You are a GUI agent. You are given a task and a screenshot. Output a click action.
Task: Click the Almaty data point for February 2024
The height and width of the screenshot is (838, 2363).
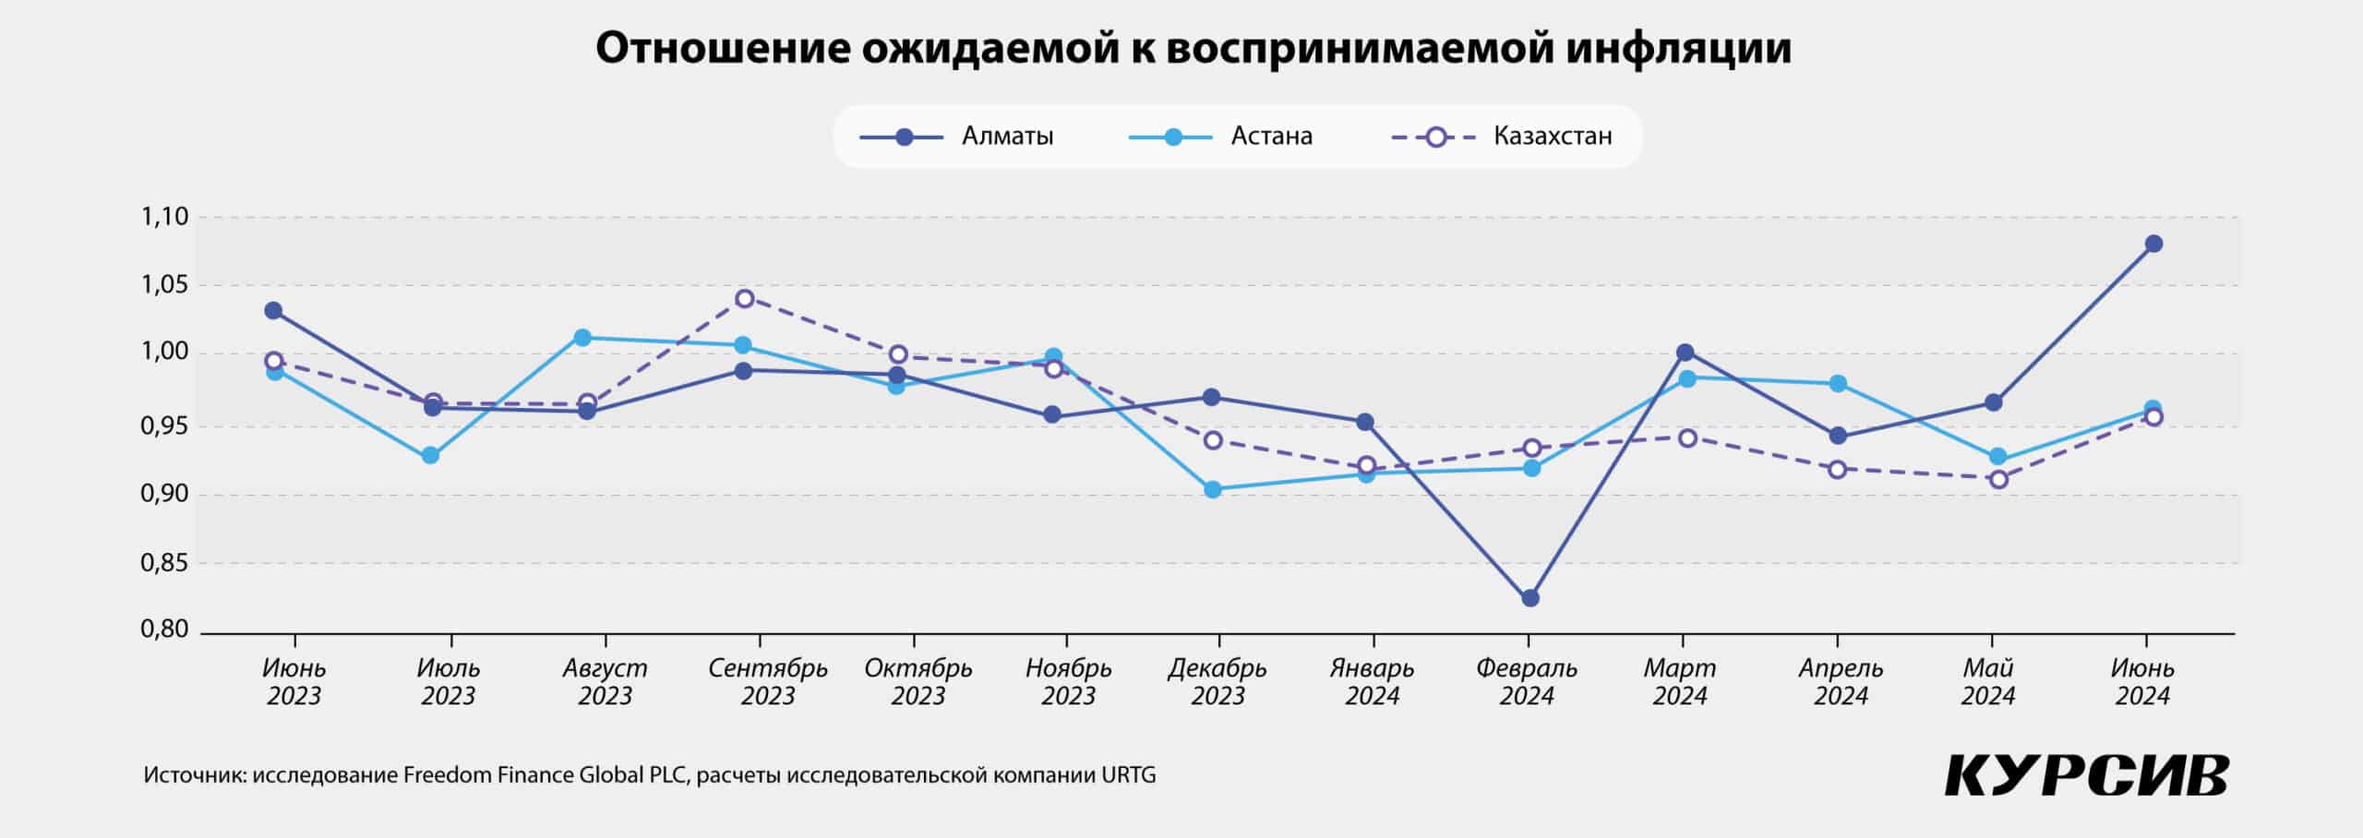[x=1530, y=598]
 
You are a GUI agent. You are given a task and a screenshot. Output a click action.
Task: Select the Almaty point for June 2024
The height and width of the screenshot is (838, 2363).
[x=2153, y=244]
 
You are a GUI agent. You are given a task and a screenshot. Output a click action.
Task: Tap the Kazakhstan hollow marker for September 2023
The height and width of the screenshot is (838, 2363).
[x=745, y=298]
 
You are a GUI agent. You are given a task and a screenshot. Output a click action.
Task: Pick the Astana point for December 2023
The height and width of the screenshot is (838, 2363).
[x=1213, y=489]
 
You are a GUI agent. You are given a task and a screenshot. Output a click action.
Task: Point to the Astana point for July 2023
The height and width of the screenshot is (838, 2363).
[x=430, y=455]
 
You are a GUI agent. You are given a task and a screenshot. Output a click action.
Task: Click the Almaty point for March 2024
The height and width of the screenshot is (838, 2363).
[x=1685, y=352]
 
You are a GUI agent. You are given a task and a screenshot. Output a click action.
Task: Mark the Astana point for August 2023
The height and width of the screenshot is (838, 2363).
[x=582, y=337]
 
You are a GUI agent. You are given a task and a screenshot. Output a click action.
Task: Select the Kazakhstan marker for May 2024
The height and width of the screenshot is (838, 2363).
[x=1998, y=479]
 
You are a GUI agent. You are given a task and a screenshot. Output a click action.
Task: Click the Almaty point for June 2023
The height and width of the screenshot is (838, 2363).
[x=273, y=310]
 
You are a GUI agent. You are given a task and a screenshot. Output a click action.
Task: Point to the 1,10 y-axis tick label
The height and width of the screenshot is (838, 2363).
[x=164, y=217]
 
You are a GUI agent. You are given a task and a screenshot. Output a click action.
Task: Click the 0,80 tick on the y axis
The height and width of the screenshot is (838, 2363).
[x=164, y=629]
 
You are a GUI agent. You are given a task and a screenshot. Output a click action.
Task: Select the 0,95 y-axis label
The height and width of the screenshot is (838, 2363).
[x=164, y=425]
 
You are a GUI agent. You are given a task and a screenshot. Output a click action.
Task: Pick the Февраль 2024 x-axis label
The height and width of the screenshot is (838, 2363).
[x=1527, y=681]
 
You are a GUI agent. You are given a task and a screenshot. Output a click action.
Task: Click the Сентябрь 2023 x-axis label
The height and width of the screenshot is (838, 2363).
[x=768, y=681]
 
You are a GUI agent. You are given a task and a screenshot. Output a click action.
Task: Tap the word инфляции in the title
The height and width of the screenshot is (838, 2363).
[x=1678, y=48]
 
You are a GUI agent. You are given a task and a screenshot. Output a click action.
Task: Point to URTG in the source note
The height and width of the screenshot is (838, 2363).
[x=1128, y=775]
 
